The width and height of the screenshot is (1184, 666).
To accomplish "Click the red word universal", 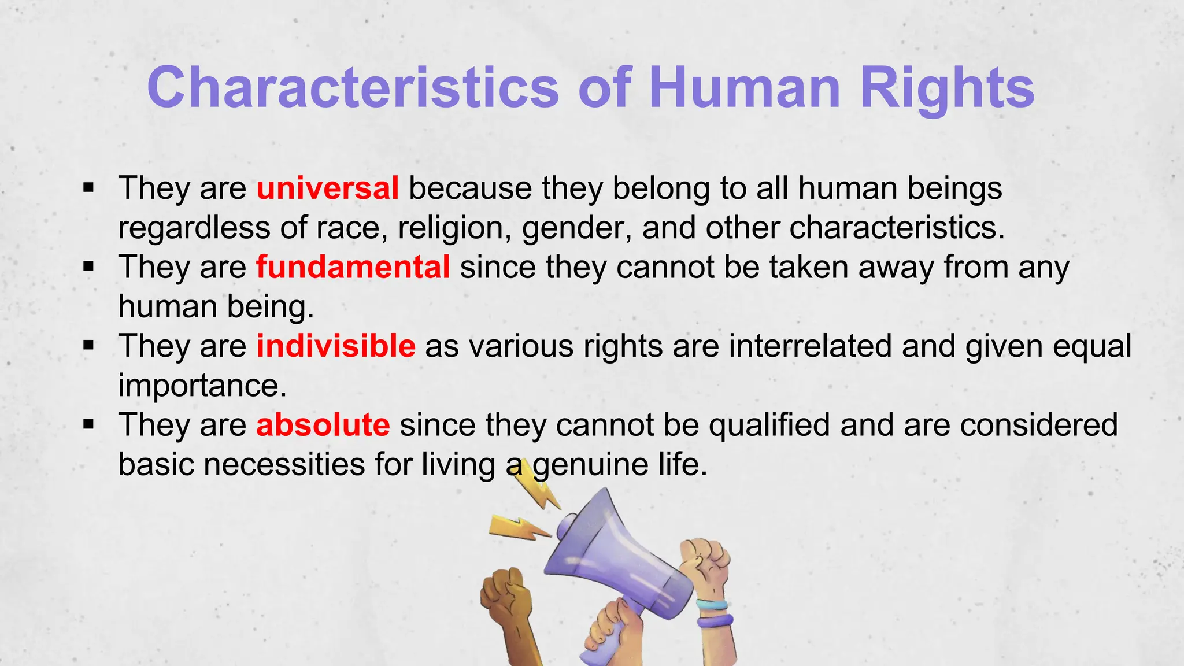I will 327,188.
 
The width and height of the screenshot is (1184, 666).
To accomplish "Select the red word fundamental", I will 353,267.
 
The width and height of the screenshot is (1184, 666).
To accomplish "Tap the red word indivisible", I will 335,346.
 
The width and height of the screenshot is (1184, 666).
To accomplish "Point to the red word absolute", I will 323,425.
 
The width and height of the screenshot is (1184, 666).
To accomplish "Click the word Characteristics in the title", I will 353,88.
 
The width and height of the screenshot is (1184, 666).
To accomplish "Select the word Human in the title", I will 744,88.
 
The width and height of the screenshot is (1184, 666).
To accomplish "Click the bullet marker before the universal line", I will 88,187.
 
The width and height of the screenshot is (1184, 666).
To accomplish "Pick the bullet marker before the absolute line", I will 88,425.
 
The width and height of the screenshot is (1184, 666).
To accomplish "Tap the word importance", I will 202,386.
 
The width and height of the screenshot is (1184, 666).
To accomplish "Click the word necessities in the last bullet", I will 284,464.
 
